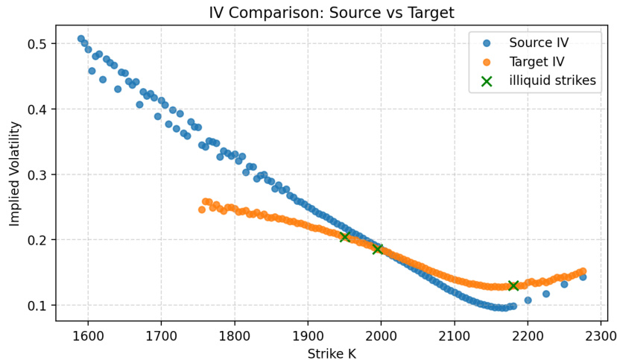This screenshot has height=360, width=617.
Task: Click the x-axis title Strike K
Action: (331, 353)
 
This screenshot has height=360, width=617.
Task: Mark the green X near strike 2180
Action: (513, 285)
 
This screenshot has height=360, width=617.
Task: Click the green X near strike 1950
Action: (345, 236)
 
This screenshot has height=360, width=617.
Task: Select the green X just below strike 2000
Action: (378, 249)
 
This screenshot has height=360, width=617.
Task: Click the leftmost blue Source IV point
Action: (81, 39)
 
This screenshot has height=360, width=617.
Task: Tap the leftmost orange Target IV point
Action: (201, 209)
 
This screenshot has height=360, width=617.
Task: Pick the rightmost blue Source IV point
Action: (583, 277)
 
